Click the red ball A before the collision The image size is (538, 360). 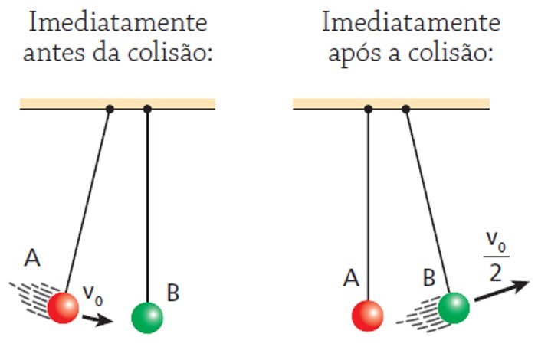pos(63,307)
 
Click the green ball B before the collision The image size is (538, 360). pos(147,317)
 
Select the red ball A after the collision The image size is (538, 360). pos(368,316)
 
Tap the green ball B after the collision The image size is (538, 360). pos(453,307)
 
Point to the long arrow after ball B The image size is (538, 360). pos(501,290)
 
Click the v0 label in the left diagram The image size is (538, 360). pos(91,293)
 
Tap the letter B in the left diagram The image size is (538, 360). pos(172,293)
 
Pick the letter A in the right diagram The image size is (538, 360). pos(351,279)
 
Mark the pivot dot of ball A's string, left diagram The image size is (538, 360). pos(110,109)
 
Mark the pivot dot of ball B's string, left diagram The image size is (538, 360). pos(147,109)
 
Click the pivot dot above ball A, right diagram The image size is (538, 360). pos(368,109)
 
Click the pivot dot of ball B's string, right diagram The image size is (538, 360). pos(405,109)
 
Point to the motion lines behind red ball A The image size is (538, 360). pos(31,296)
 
